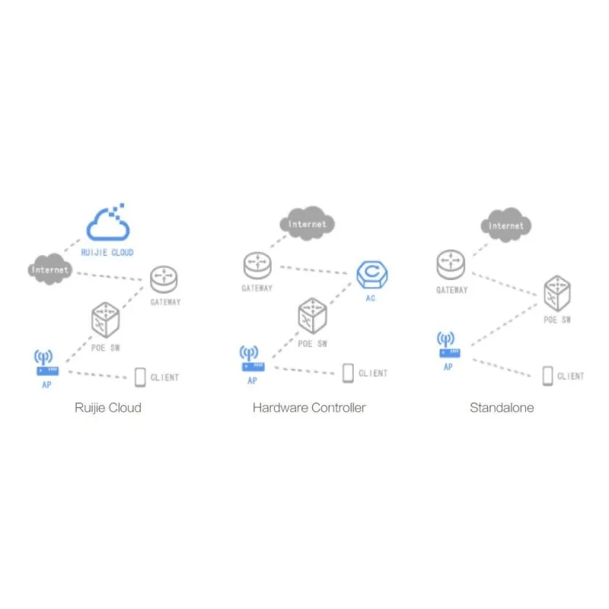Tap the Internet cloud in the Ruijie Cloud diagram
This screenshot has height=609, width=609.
point(50,269)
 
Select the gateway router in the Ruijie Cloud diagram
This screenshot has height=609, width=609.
point(163,279)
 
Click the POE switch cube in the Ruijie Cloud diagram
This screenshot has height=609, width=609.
point(107,320)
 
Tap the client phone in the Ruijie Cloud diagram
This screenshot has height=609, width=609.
point(140,376)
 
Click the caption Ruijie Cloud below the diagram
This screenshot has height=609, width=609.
point(108,407)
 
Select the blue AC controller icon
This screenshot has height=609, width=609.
point(371,274)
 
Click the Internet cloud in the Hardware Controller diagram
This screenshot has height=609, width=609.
point(308,224)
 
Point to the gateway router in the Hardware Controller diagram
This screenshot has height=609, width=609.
point(257,266)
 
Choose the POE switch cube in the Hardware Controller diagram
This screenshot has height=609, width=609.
point(312,315)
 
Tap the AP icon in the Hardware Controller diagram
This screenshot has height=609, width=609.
point(252,359)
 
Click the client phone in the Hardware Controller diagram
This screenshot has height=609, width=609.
point(348,373)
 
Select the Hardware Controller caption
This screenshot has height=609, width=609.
point(309,407)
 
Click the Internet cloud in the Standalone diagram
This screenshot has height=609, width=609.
point(506,225)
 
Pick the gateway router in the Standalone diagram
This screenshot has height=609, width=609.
point(451,266)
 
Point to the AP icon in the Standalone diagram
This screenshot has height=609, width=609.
point(448,346)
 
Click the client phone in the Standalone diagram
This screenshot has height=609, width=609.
point(547,375)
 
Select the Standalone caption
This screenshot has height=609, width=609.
point(502,407)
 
